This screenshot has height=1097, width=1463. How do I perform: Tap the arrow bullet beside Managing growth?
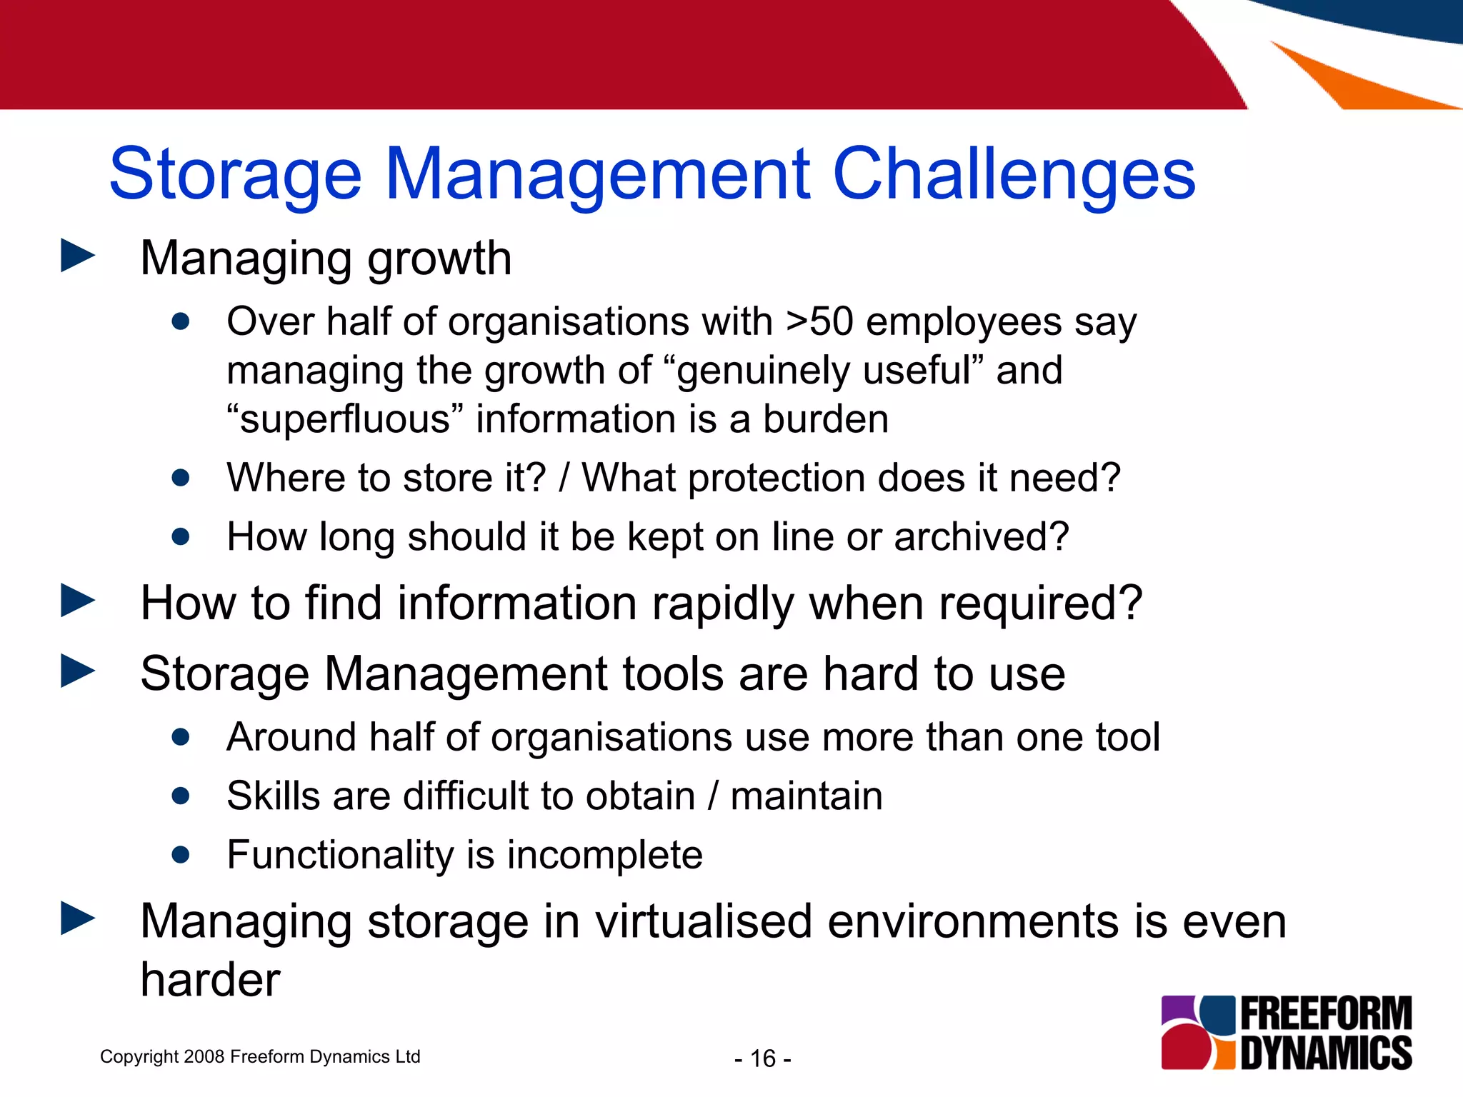(78, 255)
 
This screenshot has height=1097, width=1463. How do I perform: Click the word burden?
(826, 419)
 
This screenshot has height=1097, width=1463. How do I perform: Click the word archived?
(982, 537)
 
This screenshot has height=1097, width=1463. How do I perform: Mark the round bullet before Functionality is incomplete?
(181, 854)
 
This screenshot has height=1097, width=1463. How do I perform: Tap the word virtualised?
(704, 921)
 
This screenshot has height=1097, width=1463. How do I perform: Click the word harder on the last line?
(210, 980)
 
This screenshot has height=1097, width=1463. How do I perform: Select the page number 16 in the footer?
(763, 1058)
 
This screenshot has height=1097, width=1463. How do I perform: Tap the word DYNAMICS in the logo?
(1326, 1053)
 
